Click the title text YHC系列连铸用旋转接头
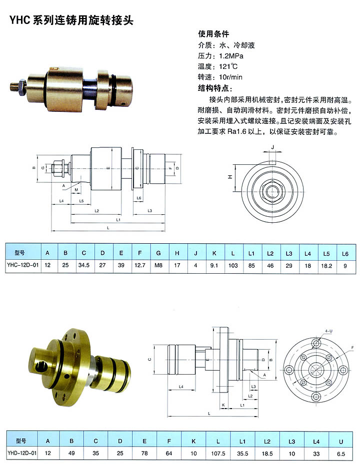click(x=71, y=20)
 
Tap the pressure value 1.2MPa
click(x=231, y=56)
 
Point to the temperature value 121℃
click(x=228, y=66)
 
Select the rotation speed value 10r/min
click(x=230, y=77)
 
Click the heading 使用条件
click(x=213, y=34)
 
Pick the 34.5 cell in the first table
click(x=83, y=265)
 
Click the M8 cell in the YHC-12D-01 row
click(x=158, y=265)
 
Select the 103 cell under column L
click(x=233, y=265)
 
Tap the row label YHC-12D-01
click(x=23, y=265)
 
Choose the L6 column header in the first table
click(x=345, y=254)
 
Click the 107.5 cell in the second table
click(x=218, y=454)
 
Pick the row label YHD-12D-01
click(x=22, y=453)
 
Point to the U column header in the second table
click(x=341, y=442)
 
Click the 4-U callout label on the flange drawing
click(x=328, y=331)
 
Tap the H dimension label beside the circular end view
click(x=230, y=177)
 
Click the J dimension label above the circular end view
click(x=272, y=147)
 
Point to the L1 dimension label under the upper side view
click(x=118, y=220)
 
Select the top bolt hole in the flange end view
click(x=316, y=343)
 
